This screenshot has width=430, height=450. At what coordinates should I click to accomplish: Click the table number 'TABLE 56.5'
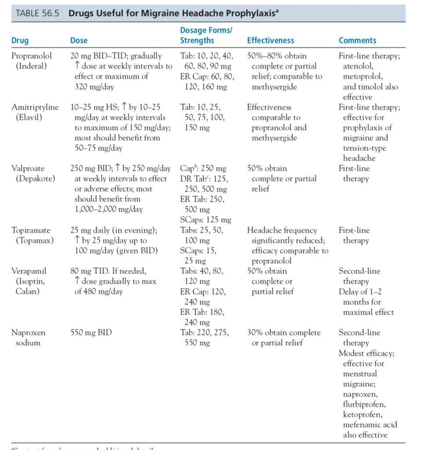(39, 13)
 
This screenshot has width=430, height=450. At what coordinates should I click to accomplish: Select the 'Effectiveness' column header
(271, 40)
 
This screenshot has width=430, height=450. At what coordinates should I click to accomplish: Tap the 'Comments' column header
(357, 40)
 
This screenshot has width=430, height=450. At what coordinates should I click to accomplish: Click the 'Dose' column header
(79, 40)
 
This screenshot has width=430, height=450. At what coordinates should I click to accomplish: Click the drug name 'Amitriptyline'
(35, 107)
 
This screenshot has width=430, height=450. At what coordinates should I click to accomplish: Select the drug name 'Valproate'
(28, 168)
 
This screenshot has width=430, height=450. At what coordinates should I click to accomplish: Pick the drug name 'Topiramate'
(31, 230)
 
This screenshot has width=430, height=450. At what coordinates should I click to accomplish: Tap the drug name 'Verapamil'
(29, 271)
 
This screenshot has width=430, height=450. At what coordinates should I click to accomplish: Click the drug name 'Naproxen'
(28, 333)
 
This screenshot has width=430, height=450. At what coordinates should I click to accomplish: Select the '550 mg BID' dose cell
(91, 333)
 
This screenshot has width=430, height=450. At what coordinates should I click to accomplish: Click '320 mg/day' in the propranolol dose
(94, 87)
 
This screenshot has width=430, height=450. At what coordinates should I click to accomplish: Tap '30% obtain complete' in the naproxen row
(284, 333)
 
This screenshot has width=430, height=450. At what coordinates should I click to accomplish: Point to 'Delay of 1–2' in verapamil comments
(360, 292)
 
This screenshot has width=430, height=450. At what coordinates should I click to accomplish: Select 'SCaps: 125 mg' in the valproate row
(206, 220)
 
